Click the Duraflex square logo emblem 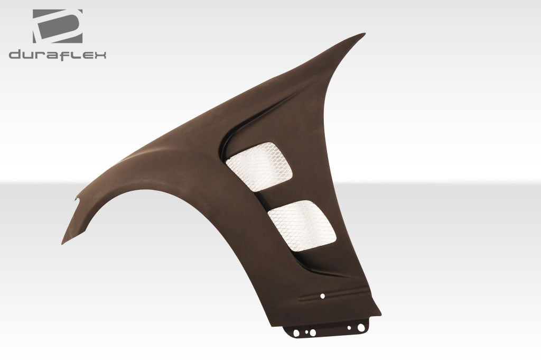coord(58,26)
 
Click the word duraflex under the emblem coord(57,54)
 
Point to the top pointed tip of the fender coord(362,35)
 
